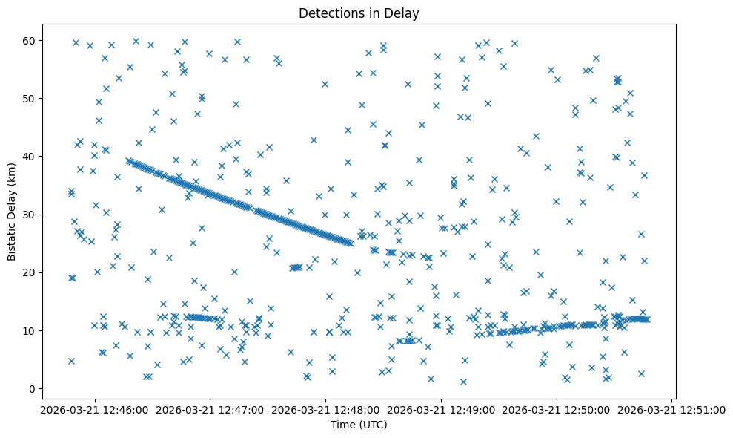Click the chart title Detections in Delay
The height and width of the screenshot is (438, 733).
(359, 13)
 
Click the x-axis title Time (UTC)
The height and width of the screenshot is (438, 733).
(359, 425)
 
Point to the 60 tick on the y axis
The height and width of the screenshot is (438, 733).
(30, 40)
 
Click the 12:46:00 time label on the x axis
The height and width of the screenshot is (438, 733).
(94, 409)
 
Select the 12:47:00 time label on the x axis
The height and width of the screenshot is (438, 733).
(210, 409)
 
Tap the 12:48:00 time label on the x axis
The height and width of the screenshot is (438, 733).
(325, 409)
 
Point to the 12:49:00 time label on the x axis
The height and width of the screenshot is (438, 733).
(441, 409)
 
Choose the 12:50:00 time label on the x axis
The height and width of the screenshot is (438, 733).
(557, 409)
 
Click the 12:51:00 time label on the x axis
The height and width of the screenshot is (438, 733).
(673, 409)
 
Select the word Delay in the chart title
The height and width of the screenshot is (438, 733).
(405, 13)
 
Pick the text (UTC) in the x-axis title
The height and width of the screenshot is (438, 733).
(372, 425)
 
